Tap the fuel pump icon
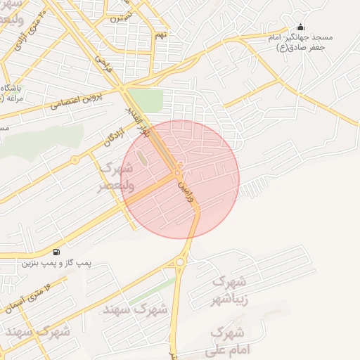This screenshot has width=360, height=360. (56, 252)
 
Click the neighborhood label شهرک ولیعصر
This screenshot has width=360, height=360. (117, 176)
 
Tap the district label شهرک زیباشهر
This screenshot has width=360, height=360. (230, 290)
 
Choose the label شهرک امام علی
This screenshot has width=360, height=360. (226, 340)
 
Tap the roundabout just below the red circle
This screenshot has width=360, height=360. (180, 264)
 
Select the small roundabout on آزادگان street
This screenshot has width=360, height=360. (75, 160)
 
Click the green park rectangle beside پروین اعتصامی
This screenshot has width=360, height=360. (146, 99)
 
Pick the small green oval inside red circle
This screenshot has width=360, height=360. (143, 159)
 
